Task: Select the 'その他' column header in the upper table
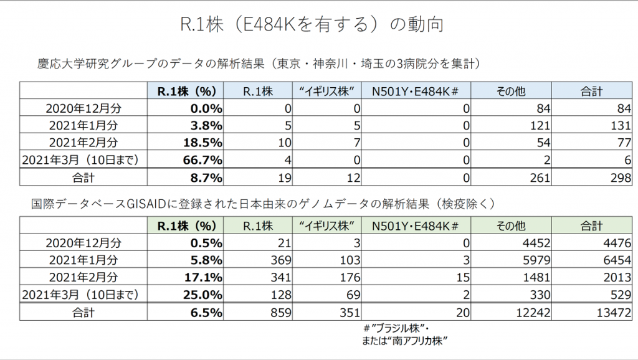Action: coord(511,91)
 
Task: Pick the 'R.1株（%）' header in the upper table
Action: coord(186,91)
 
